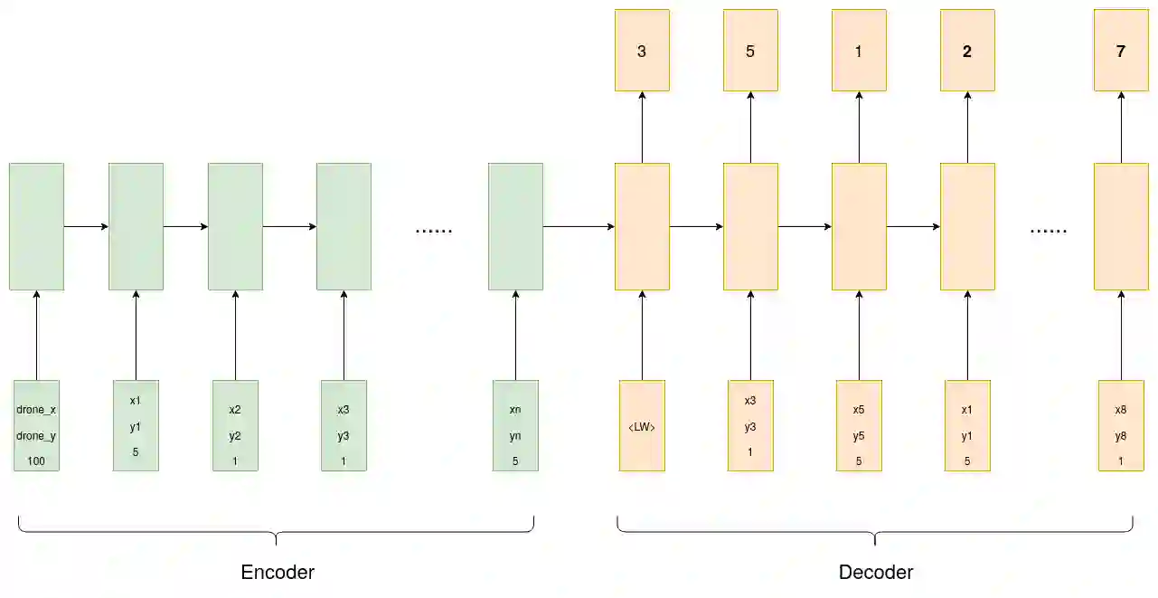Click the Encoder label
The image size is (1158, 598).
point(278,573)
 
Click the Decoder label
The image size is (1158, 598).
point(875,573)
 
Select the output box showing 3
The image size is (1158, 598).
point(642,51)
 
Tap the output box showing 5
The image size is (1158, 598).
point(750,51)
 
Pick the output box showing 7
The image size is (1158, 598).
point(1121,51)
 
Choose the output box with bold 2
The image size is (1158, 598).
point(967,51)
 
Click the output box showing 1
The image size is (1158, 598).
point(859,51)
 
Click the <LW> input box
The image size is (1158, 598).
point(642,426)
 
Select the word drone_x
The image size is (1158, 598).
point(36,410)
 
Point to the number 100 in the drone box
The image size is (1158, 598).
point(36,462)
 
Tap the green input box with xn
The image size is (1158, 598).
point(515,426)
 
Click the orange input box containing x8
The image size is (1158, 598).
point(1121,426)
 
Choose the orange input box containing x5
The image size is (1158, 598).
point(859,426)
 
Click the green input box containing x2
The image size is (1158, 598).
point(235,426)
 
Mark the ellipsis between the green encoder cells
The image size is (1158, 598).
point(433,231)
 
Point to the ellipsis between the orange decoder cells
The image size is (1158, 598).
point(1048,231)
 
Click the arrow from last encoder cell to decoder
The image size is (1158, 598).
point(579,226)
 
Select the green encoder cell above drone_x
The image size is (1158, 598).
point(36,226)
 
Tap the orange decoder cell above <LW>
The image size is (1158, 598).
point(642,226)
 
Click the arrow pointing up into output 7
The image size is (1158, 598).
point(1121,127)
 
